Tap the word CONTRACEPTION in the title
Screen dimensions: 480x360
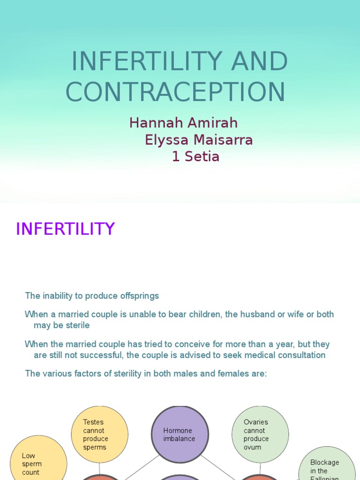[x=175, y=92]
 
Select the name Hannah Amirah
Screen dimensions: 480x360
[x=183, y=123]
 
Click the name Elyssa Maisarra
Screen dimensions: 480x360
[x=199, y=140]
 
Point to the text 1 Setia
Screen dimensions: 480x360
[x=195, y=157]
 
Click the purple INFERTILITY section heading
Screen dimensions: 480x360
[x=65, y=229]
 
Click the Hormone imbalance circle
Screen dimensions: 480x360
[x=180, y=435]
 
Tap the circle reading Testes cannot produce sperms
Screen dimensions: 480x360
[x=99, y=435]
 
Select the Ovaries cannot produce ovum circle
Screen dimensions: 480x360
[x=260, y=435]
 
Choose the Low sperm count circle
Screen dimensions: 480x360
[x=37, y=462]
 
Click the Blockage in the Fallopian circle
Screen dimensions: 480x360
[x=327, y=466]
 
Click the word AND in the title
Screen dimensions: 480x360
[x=266, y=61]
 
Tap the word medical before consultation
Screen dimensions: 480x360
[x=255, y=355]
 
